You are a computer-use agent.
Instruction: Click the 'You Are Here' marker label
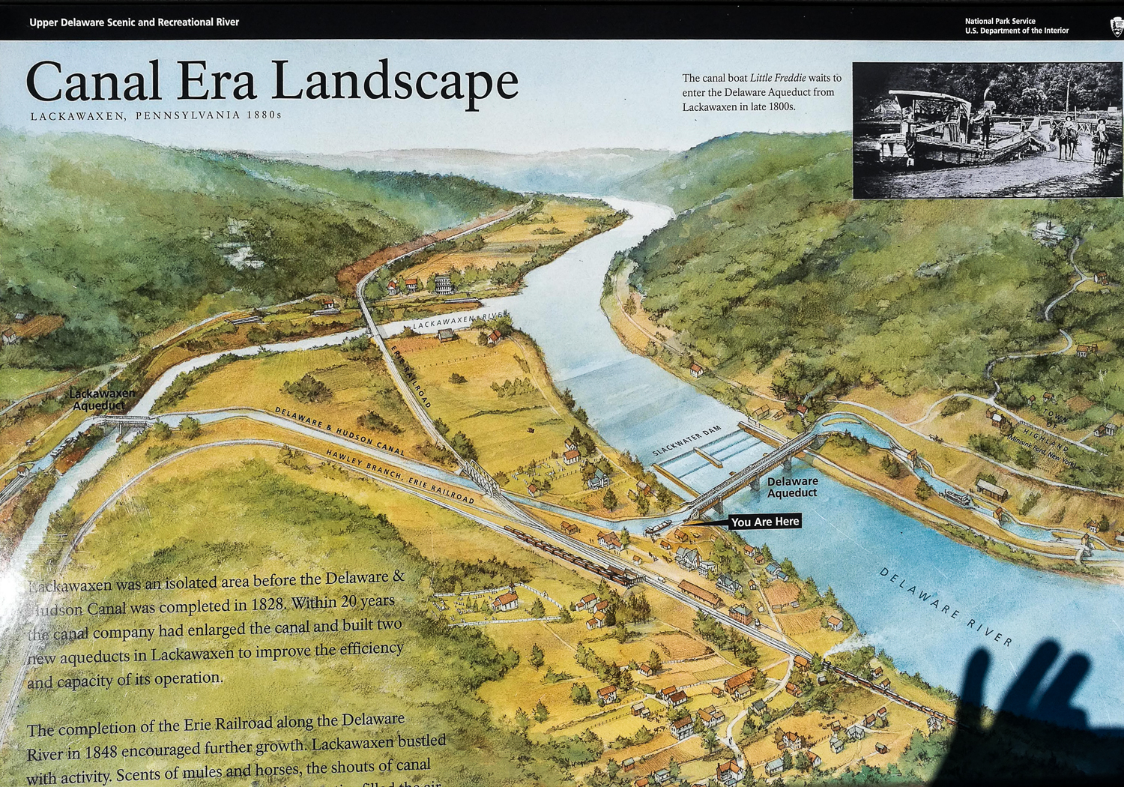(x=764, y=522)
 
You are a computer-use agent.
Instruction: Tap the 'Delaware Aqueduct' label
(x=792, y=487)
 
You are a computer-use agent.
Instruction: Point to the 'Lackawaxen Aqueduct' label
(x=101, y=399)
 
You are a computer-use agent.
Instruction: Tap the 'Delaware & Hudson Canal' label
(x=339, y=432)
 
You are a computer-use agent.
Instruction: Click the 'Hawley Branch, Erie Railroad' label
(x=399, y=476)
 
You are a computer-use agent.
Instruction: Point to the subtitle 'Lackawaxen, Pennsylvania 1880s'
(x=156, y=115)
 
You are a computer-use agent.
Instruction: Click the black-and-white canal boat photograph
(x=987, y=130)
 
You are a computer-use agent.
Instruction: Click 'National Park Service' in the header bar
(x=1000, y=22)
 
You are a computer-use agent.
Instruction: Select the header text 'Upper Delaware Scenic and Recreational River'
(x=134, y=22)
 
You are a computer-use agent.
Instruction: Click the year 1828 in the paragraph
(x=268, y=605)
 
